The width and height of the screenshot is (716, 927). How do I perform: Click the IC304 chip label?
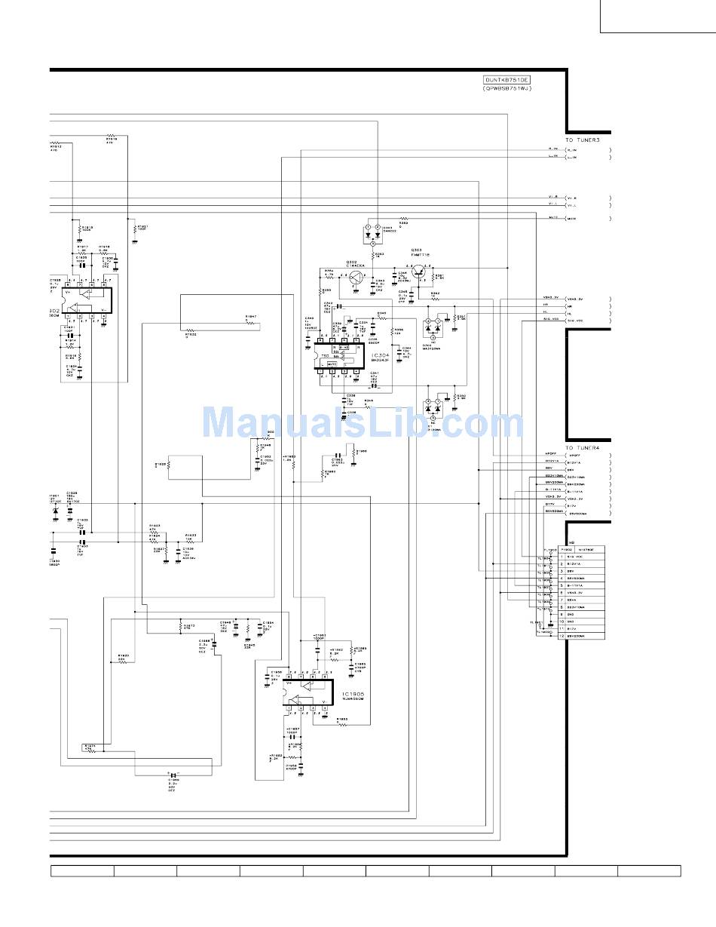381,353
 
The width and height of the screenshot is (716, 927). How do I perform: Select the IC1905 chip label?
353,693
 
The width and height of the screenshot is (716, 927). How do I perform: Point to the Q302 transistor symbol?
355,276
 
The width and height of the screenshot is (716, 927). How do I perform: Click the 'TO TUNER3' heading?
583,140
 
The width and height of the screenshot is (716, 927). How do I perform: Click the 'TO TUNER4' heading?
583,448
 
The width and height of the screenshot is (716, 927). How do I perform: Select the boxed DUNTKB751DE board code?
507,79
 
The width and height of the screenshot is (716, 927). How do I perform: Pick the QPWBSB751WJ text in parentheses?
507,88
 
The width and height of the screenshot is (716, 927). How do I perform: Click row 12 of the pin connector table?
581,636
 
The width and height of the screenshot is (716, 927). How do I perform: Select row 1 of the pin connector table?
581,557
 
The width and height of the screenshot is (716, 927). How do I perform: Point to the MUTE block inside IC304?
332,364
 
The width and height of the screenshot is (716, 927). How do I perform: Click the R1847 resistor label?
250,317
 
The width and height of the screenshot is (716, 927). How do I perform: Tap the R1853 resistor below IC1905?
341,719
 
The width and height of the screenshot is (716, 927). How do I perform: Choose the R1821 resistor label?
142,226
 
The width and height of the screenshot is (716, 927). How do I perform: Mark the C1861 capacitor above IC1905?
320,636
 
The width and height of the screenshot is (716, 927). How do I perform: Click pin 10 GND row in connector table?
581,622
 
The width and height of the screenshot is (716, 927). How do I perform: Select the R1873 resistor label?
188,625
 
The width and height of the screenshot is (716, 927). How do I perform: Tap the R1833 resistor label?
191,536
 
